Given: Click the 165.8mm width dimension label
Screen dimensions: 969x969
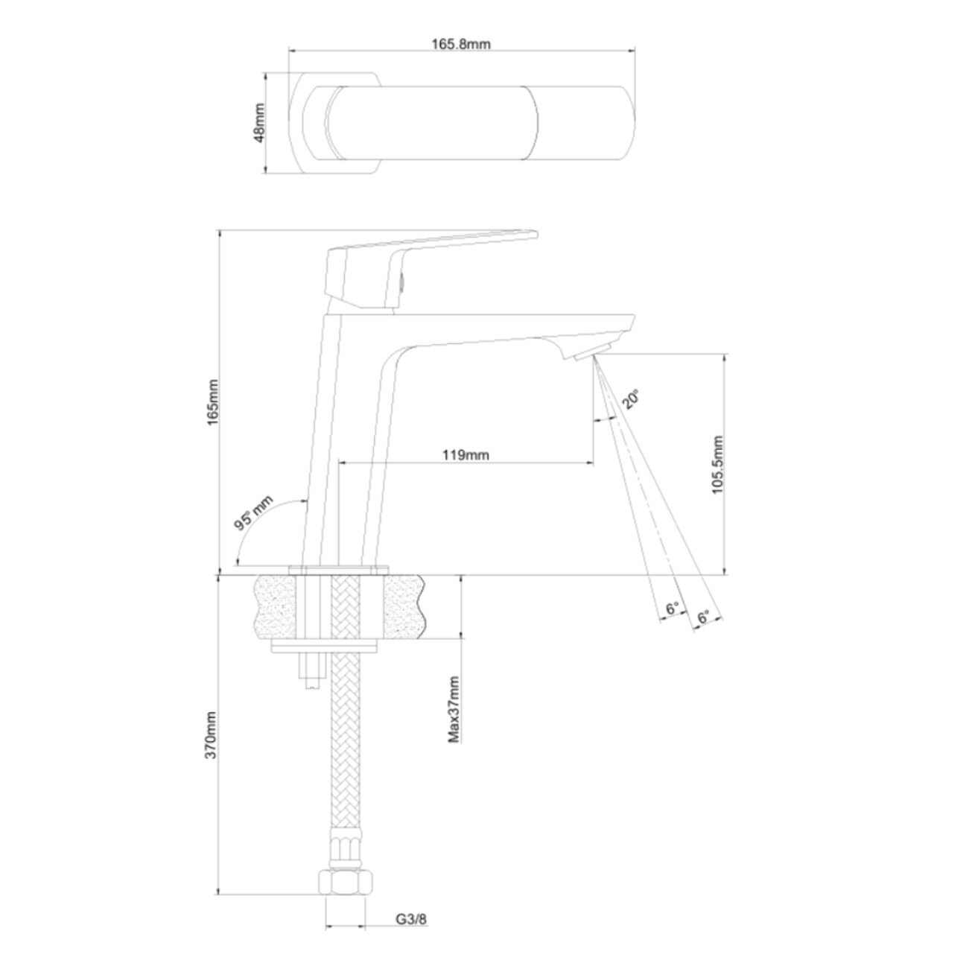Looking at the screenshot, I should pos(461,43).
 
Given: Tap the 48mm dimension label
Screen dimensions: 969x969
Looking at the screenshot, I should pos(259,124).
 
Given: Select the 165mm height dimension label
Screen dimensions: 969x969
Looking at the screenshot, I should pos(212,402).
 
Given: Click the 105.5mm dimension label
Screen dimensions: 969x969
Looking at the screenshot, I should pos(717,466).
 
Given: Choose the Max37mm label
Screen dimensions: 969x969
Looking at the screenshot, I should pos(454,709).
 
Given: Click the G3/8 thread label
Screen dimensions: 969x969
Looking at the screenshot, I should pos(410,919).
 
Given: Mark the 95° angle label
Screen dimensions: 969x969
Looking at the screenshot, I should pos(254,512).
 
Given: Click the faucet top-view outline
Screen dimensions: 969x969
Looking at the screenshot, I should pos(462,124).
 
